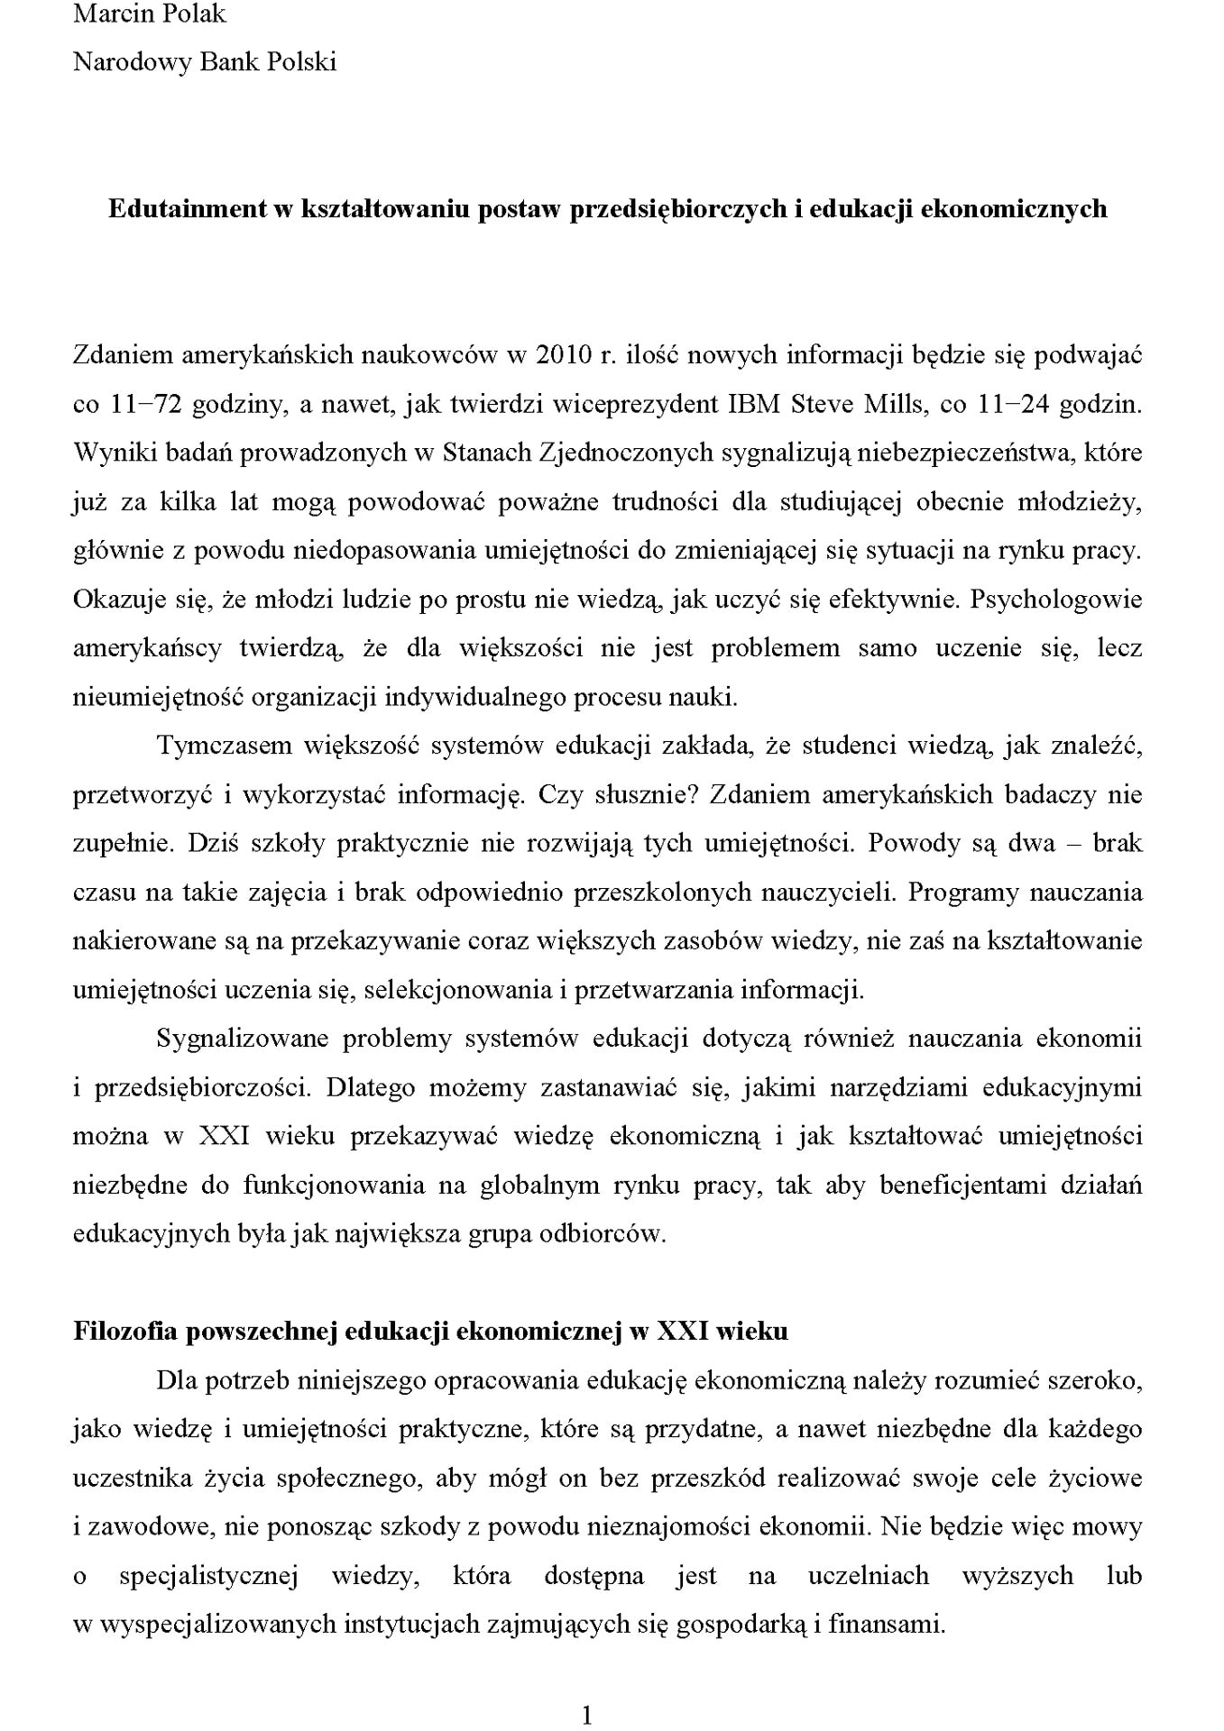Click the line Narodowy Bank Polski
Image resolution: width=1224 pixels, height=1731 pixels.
205,62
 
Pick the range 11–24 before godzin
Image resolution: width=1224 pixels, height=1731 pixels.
1013,404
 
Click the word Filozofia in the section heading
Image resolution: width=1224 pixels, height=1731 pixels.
123,1331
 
